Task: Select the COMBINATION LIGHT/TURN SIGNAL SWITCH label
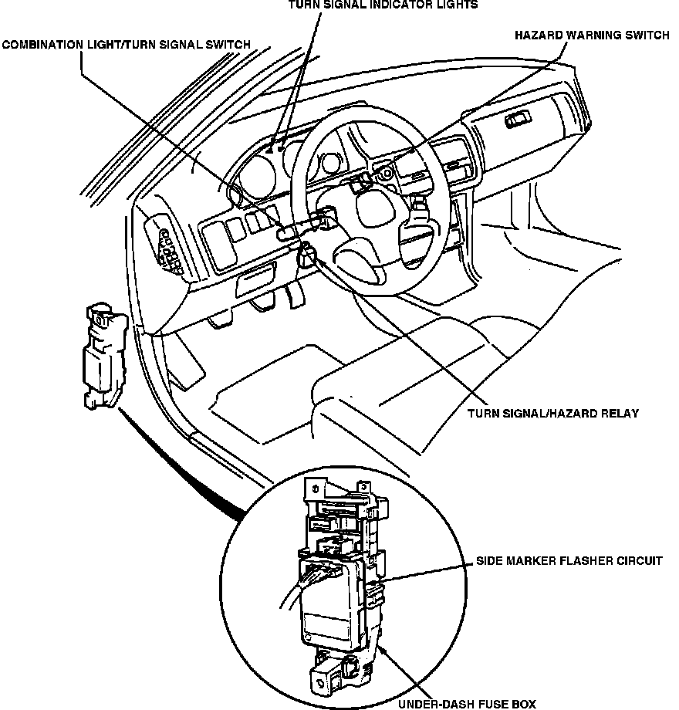pos(126,45)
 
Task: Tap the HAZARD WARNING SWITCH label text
pos(592,35)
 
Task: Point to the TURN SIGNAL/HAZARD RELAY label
pos(552,414)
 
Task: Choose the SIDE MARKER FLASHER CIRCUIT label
pos(569,561)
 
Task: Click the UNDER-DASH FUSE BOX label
pos(466,703)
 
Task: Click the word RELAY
pos(620,414)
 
